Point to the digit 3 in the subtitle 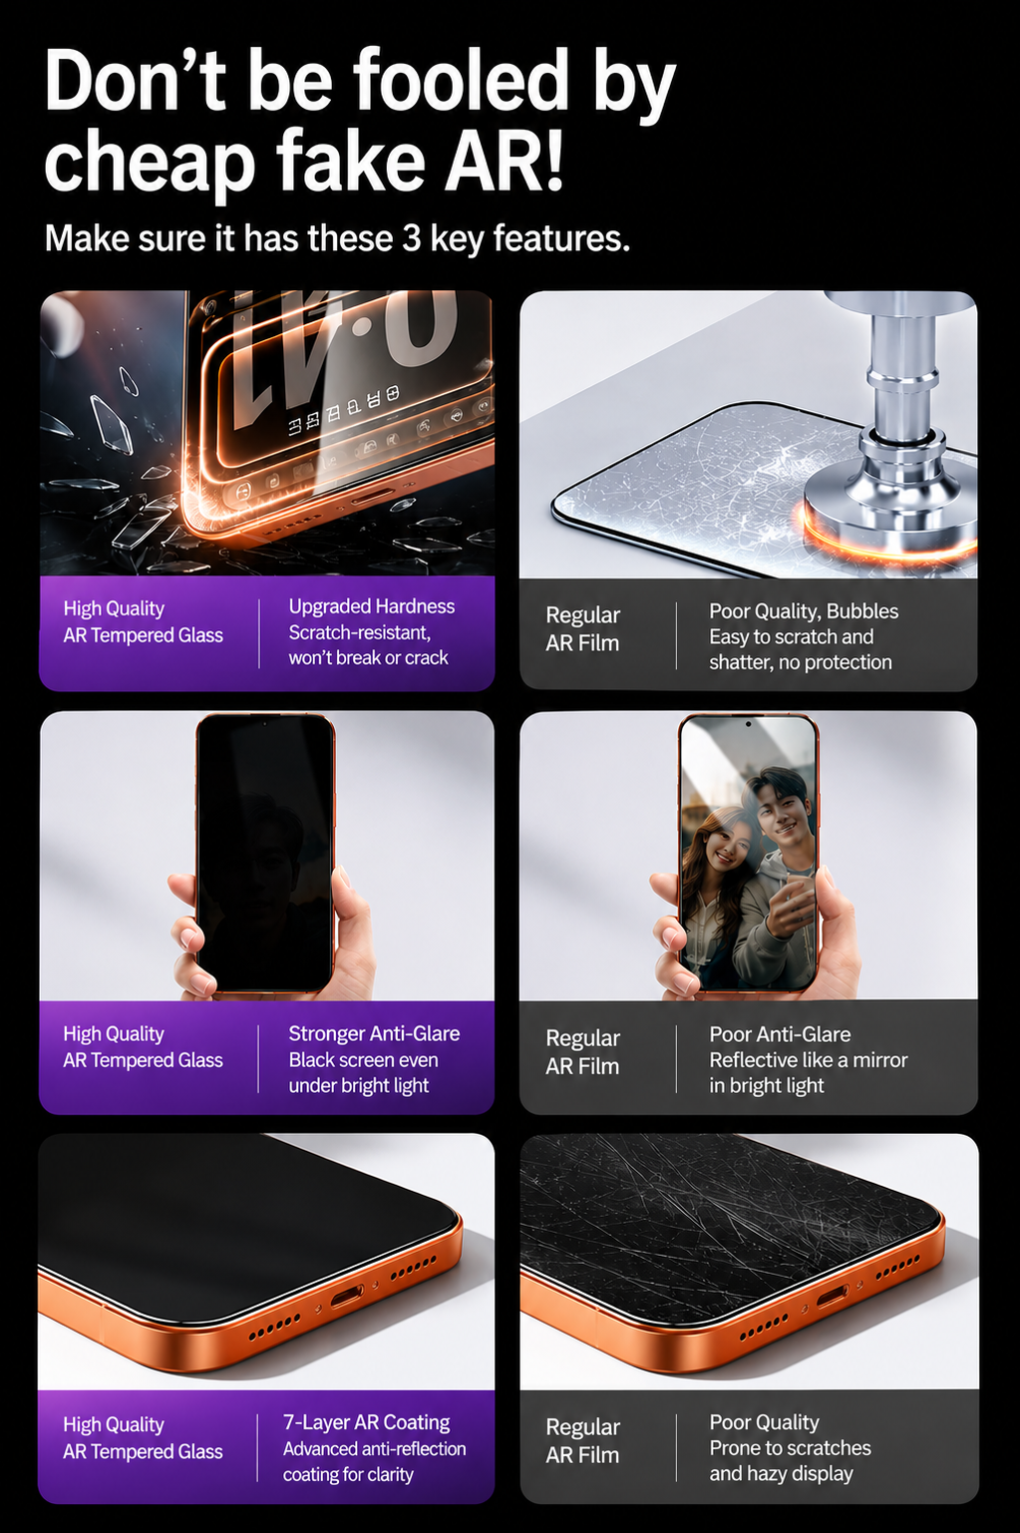click(411, 238)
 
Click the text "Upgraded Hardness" click(372, 606)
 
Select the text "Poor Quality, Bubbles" click(804, 611)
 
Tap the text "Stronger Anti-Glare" click(374, 1033)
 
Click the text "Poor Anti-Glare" click(780, 1034)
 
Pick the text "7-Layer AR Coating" click(367, 1422)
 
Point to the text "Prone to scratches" click(790, 1447)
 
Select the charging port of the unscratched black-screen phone click(348, 1296)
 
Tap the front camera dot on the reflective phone click(749, 724)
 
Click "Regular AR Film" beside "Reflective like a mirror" click(583, 1052)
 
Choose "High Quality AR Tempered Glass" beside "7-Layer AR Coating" click(143, 1438)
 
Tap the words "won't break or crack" click(368, 657)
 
